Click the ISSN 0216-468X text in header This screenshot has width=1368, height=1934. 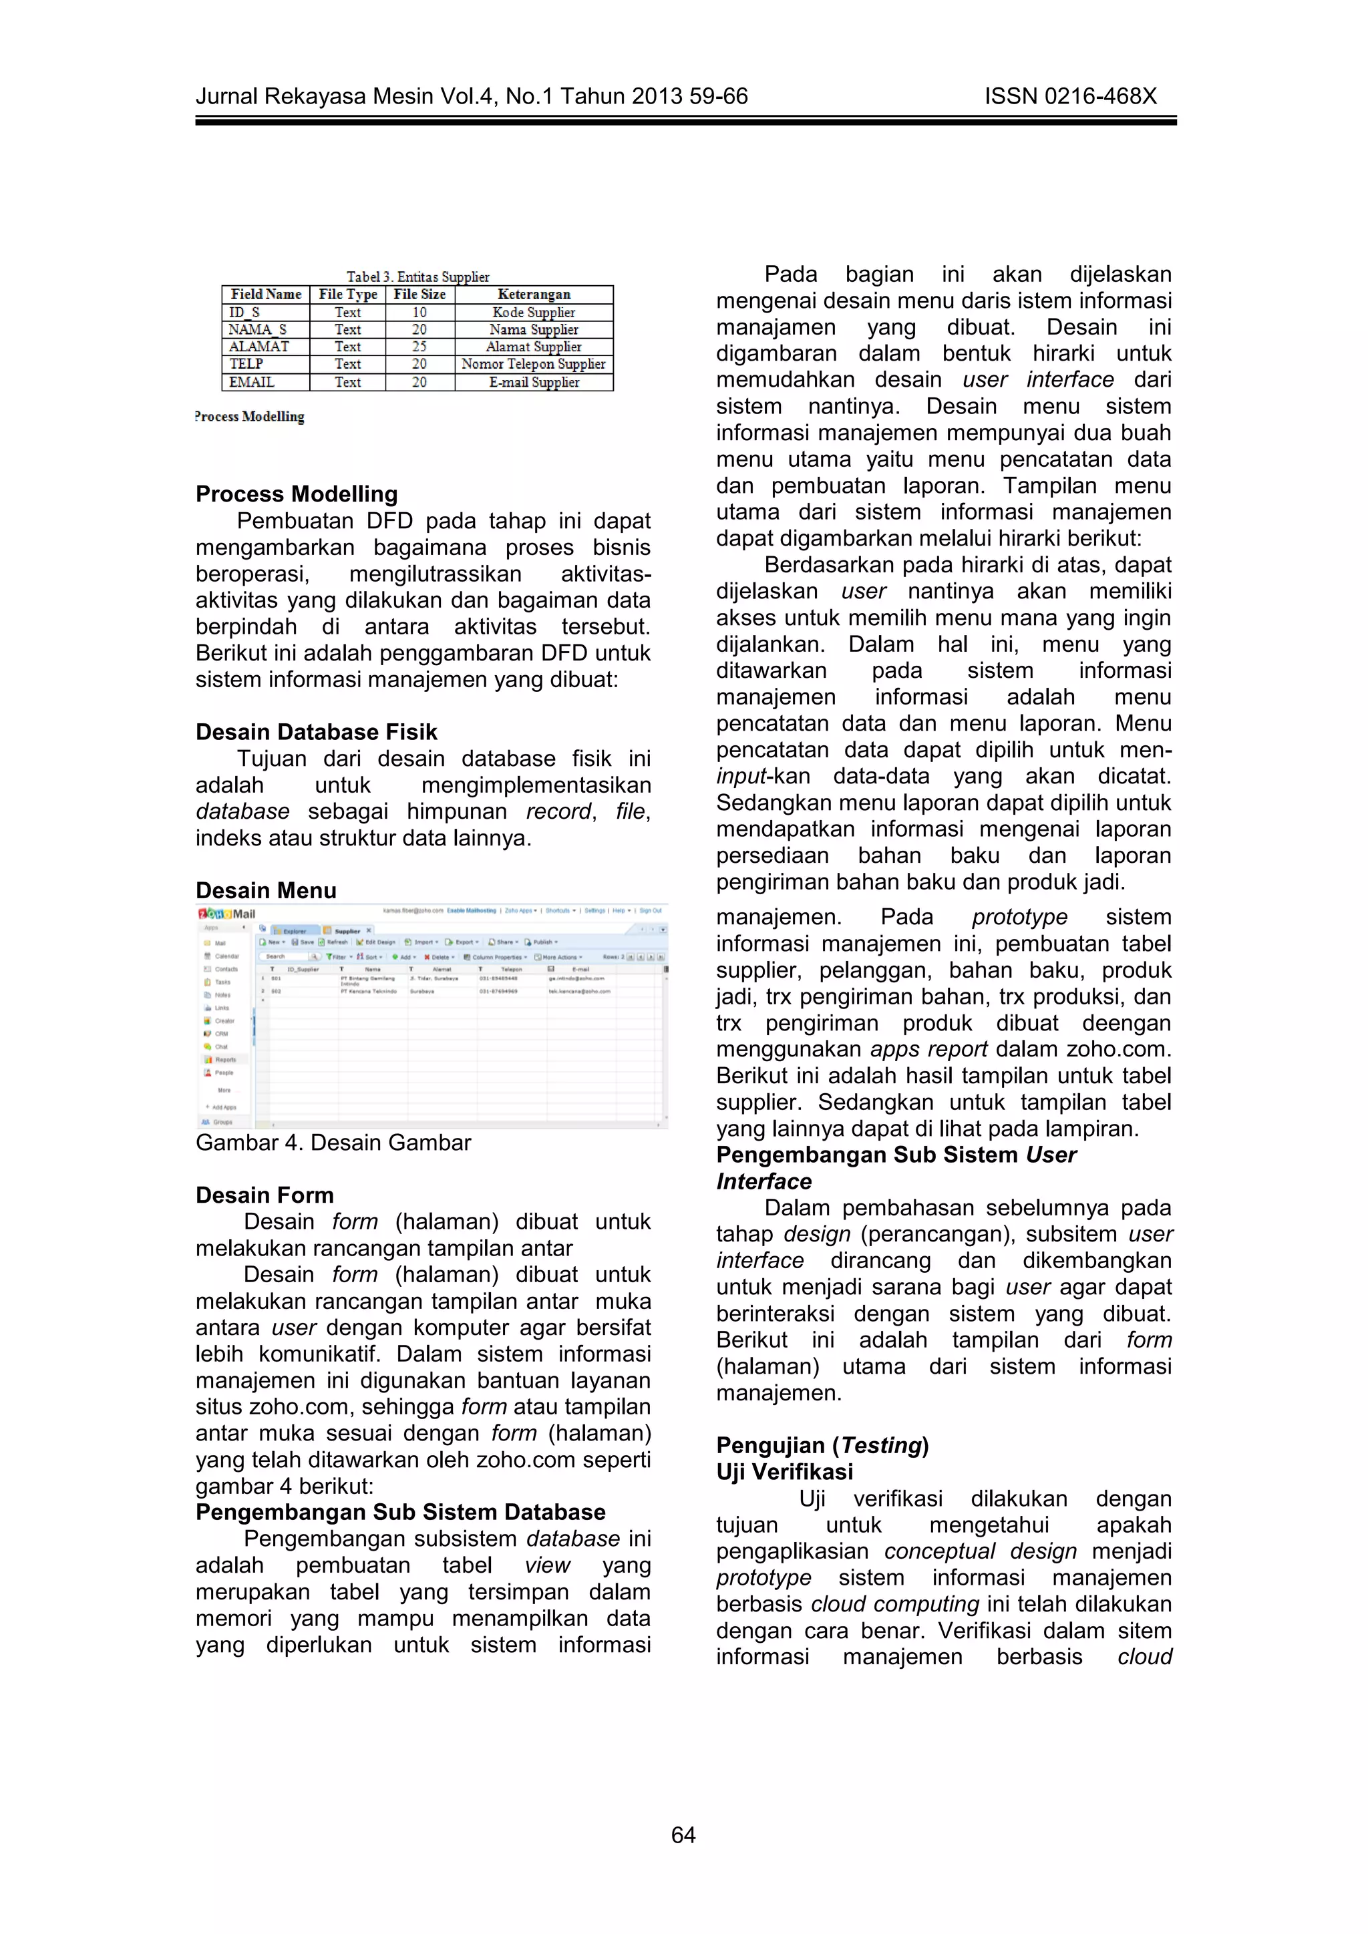pos(1070,97)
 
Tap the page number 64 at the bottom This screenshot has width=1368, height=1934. pos(683,1834)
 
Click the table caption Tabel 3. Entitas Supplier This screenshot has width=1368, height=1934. pos(417,276)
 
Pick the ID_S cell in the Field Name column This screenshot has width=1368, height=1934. pos(244,313)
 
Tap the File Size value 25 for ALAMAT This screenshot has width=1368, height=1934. pos(419,346)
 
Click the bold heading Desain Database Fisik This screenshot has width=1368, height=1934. pos(316,731)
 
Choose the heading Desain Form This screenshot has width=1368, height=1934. pos(265,1195)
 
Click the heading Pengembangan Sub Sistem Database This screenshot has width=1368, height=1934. pos(400,1512)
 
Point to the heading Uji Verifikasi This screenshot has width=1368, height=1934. pos(784,1472)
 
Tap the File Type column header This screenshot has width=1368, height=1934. pos(348,294)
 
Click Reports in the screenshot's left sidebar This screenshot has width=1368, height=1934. pos(224,1060)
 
